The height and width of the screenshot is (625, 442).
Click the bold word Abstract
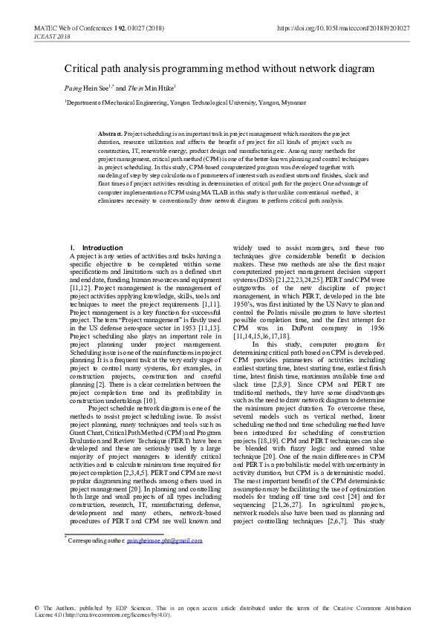(x=110, y=132)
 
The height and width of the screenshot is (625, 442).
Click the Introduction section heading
(x=102, y=247)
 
